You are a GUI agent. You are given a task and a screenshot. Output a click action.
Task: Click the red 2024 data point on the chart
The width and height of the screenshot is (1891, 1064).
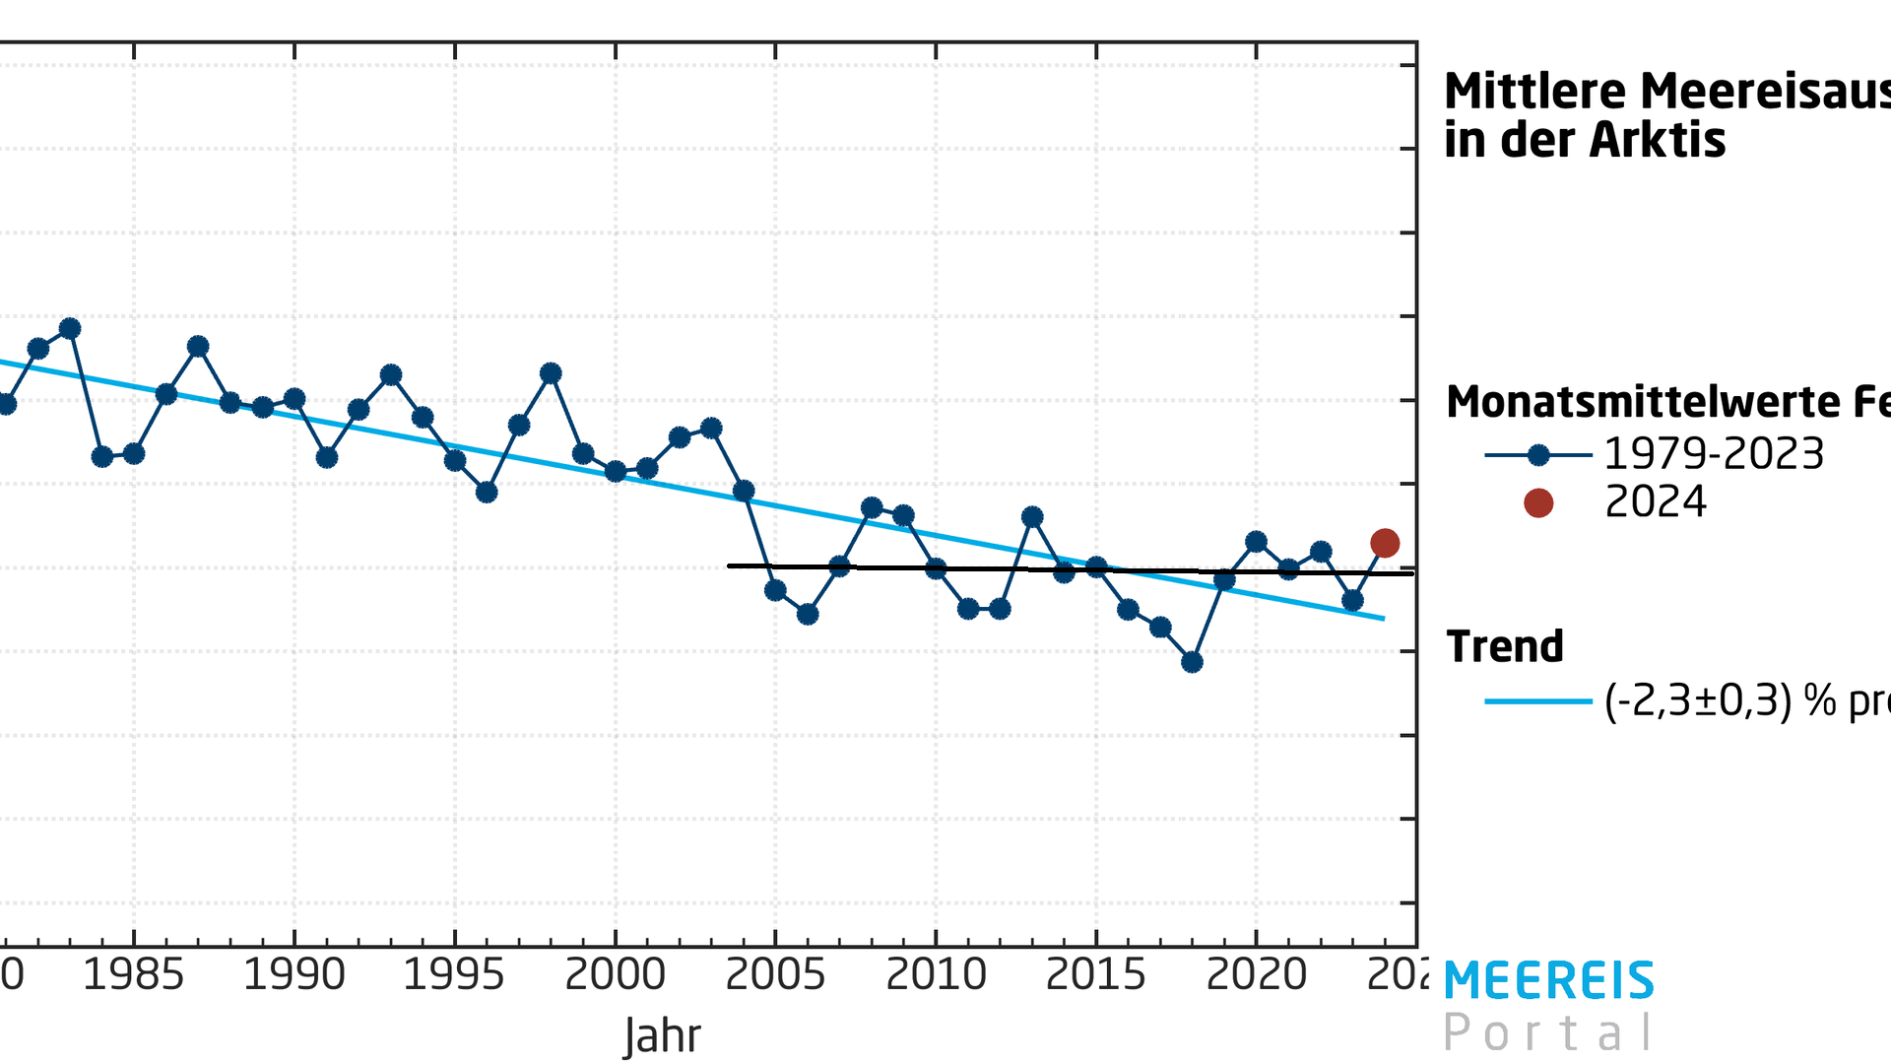(x=1385, y=543)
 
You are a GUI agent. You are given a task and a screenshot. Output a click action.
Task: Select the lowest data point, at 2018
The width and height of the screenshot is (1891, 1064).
(x=1192, y=662)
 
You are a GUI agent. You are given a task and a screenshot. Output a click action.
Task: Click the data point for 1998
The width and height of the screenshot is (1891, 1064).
(x=551, y=373)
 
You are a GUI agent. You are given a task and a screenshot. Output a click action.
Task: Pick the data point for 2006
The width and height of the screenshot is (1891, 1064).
(x=808, y=614)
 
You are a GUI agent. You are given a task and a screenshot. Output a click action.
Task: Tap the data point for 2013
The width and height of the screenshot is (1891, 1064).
(x=1032, y=517)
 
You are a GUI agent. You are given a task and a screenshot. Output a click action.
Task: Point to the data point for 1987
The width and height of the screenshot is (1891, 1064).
(x=198, y=346)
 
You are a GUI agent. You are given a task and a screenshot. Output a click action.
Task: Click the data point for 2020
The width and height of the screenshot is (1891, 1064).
(x=1256, y=542)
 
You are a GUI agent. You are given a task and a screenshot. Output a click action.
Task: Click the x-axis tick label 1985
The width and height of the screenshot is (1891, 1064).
(x=133, y=975)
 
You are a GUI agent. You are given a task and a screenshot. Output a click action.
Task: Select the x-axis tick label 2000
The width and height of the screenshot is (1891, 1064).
(x=615, y=975)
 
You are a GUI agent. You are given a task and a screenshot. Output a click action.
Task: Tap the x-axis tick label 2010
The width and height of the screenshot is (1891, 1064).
(x=936, y=975)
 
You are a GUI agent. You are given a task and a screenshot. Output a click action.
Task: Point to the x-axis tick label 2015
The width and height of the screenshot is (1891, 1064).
(x=1095, y=975)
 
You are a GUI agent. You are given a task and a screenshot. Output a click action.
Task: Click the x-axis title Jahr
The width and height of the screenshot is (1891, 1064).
(x=662, y=1036)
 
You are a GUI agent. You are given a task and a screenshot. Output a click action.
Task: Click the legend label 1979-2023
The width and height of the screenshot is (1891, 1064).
(x=1714, y=454)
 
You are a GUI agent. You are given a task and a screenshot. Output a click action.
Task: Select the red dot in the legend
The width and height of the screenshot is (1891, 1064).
(x=1538, y=503)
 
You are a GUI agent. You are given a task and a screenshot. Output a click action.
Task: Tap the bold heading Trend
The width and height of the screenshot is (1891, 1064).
(x=1505, y=647)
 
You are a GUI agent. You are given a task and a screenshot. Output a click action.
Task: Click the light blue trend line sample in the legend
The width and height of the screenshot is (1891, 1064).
(x=1537, y=701)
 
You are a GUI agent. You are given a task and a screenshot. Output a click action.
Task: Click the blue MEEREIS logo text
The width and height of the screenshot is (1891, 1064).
(x=1549, y=981)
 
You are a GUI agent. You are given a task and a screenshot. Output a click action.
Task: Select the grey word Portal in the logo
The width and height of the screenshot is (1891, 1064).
(x=1549, y=1033)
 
